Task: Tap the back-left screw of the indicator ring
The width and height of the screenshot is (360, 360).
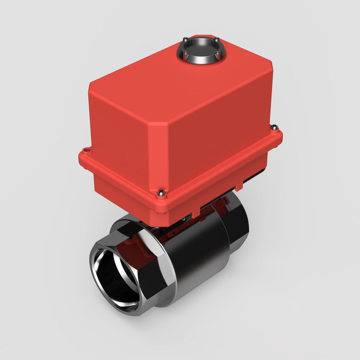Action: [x=185, y=39]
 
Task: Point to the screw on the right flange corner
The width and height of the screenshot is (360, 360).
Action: [x=275, y=128]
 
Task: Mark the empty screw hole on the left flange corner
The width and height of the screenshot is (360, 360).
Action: [x=86, y=150]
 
